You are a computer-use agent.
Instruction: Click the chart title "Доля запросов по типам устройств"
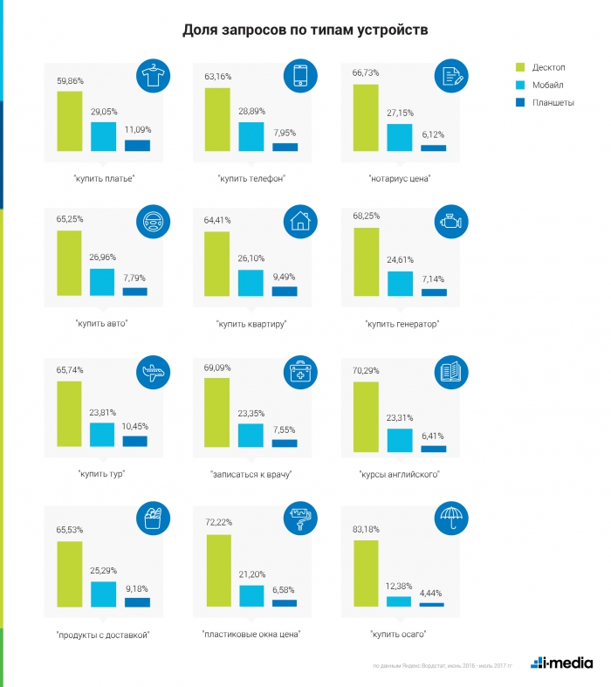click(x=305, y=31)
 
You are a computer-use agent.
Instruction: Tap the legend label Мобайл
click(x=547, y=85)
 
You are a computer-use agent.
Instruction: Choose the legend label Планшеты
click(x=553, y=102)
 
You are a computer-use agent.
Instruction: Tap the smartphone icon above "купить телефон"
click(x=299, y=77)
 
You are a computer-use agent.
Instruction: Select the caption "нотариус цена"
click(x=401, y=179)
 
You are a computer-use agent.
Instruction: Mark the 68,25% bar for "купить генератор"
click(x=366, y=261)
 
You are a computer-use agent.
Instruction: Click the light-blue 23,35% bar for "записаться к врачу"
click(x=251, y=436)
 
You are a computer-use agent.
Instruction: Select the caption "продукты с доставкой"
click(x=103, y=635)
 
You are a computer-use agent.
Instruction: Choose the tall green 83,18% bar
click(x=366, y=573)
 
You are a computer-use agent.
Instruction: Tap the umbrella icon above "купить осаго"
click(x=448, y=519)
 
